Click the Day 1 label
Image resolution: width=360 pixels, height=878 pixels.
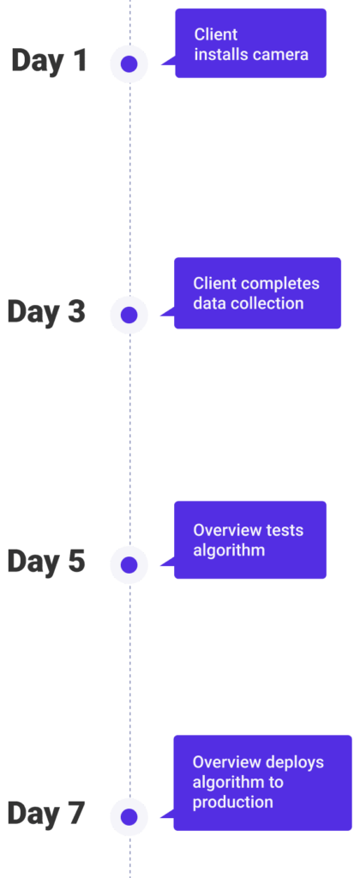(49, 60)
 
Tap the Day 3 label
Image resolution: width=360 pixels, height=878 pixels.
(46, 311)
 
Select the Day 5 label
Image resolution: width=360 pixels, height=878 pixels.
(46, 562)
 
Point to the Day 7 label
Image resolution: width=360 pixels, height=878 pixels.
(46, 813)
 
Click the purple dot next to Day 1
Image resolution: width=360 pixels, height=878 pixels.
(129, 63)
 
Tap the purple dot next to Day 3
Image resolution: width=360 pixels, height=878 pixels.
(129, 315)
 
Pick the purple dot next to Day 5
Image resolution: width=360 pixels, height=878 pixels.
(129, 565)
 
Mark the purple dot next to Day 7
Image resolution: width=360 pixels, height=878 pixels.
(129, 816)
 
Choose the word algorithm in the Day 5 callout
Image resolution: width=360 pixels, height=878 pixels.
(229, 550)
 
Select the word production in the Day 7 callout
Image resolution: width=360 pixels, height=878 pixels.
(233, 803)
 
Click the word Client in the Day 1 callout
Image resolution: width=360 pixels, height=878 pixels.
(216, 34)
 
